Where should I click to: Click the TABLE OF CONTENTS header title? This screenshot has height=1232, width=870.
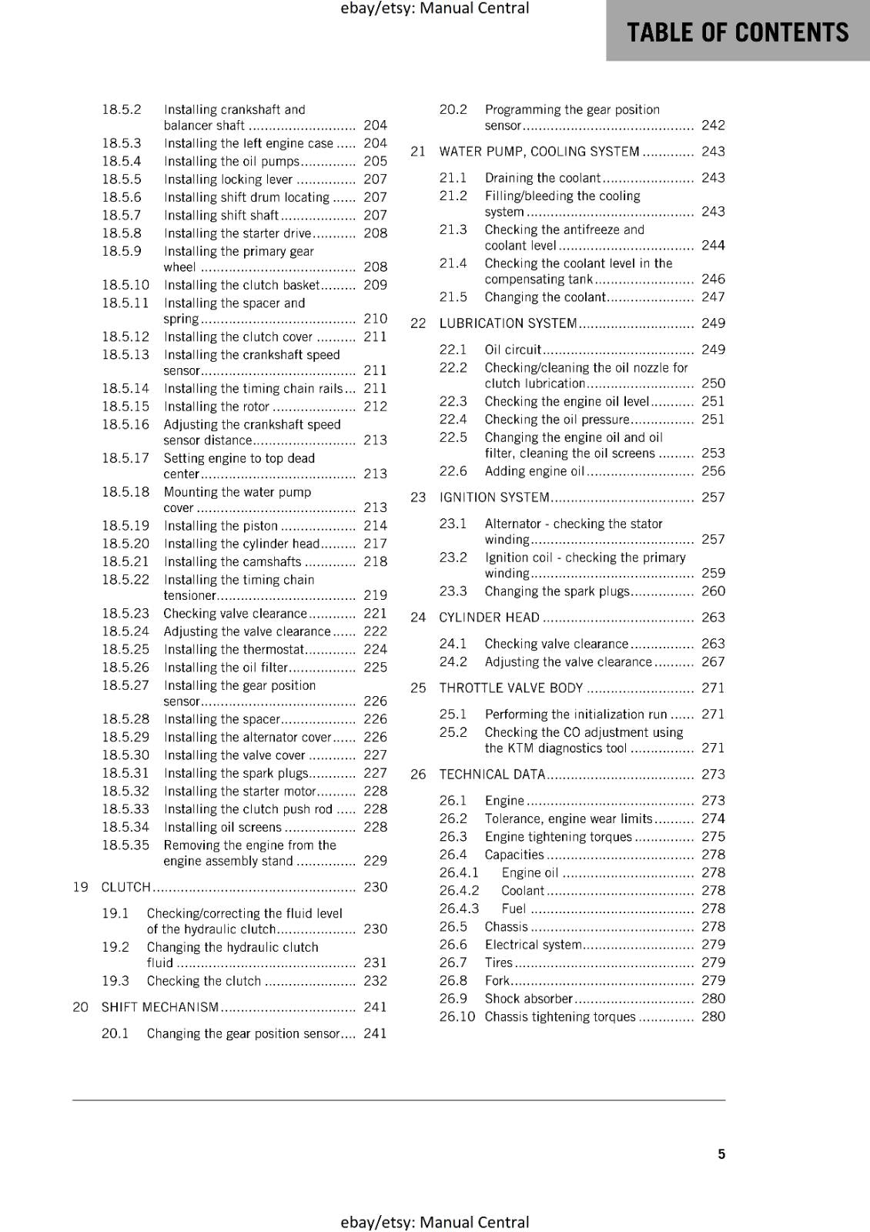click(x=738, y=32)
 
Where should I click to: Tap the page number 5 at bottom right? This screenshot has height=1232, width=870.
click(x=721, y=1153)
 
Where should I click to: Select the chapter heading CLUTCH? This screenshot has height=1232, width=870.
click(x=126, y=887)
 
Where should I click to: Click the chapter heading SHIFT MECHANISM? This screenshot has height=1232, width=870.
click(x=160, y=1007)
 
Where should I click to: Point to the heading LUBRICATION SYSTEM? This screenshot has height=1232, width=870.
click(x=508, y=323)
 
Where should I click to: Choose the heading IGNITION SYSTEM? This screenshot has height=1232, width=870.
click(x=494, y=497)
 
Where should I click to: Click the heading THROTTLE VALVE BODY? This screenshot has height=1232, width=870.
click(x=511, y=688)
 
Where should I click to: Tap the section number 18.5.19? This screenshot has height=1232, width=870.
click(x=125, y=526)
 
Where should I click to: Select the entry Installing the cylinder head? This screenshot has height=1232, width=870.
click(x=241, y=544)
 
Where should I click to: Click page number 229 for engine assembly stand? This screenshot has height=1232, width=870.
click(x=375, y=861)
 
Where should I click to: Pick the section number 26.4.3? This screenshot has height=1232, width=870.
click(x=459, y=909)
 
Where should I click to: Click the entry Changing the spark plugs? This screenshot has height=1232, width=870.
click(x=557, y=591)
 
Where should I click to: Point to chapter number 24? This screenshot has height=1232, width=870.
click(x=418, y=618)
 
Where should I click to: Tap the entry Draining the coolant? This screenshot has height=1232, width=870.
click(x=542, y=178)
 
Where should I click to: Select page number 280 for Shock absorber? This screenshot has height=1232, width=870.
click(x=713, y=999)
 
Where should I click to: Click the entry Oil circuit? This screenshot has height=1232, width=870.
click(x=513, y=350)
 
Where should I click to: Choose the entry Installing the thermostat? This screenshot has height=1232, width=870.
click(x=234, y=650)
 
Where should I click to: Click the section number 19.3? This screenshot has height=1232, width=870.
click(x=115, y=981)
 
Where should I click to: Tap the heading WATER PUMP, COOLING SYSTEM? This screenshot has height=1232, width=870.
click(x=539, y=152)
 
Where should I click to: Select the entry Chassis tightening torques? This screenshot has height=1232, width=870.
click(x=560, y=1017)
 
